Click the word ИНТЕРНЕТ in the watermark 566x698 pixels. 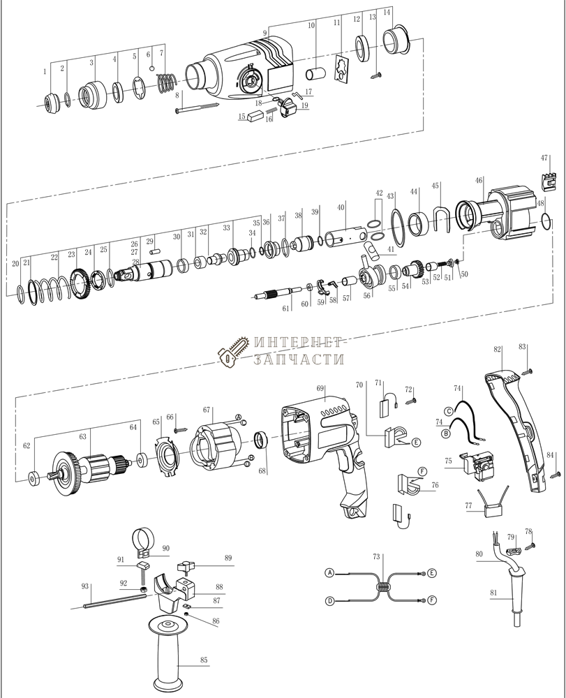[298, 344]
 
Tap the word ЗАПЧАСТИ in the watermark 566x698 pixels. [301, 360]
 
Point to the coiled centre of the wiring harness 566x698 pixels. [381, 588]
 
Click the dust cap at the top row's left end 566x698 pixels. [52, 101]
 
